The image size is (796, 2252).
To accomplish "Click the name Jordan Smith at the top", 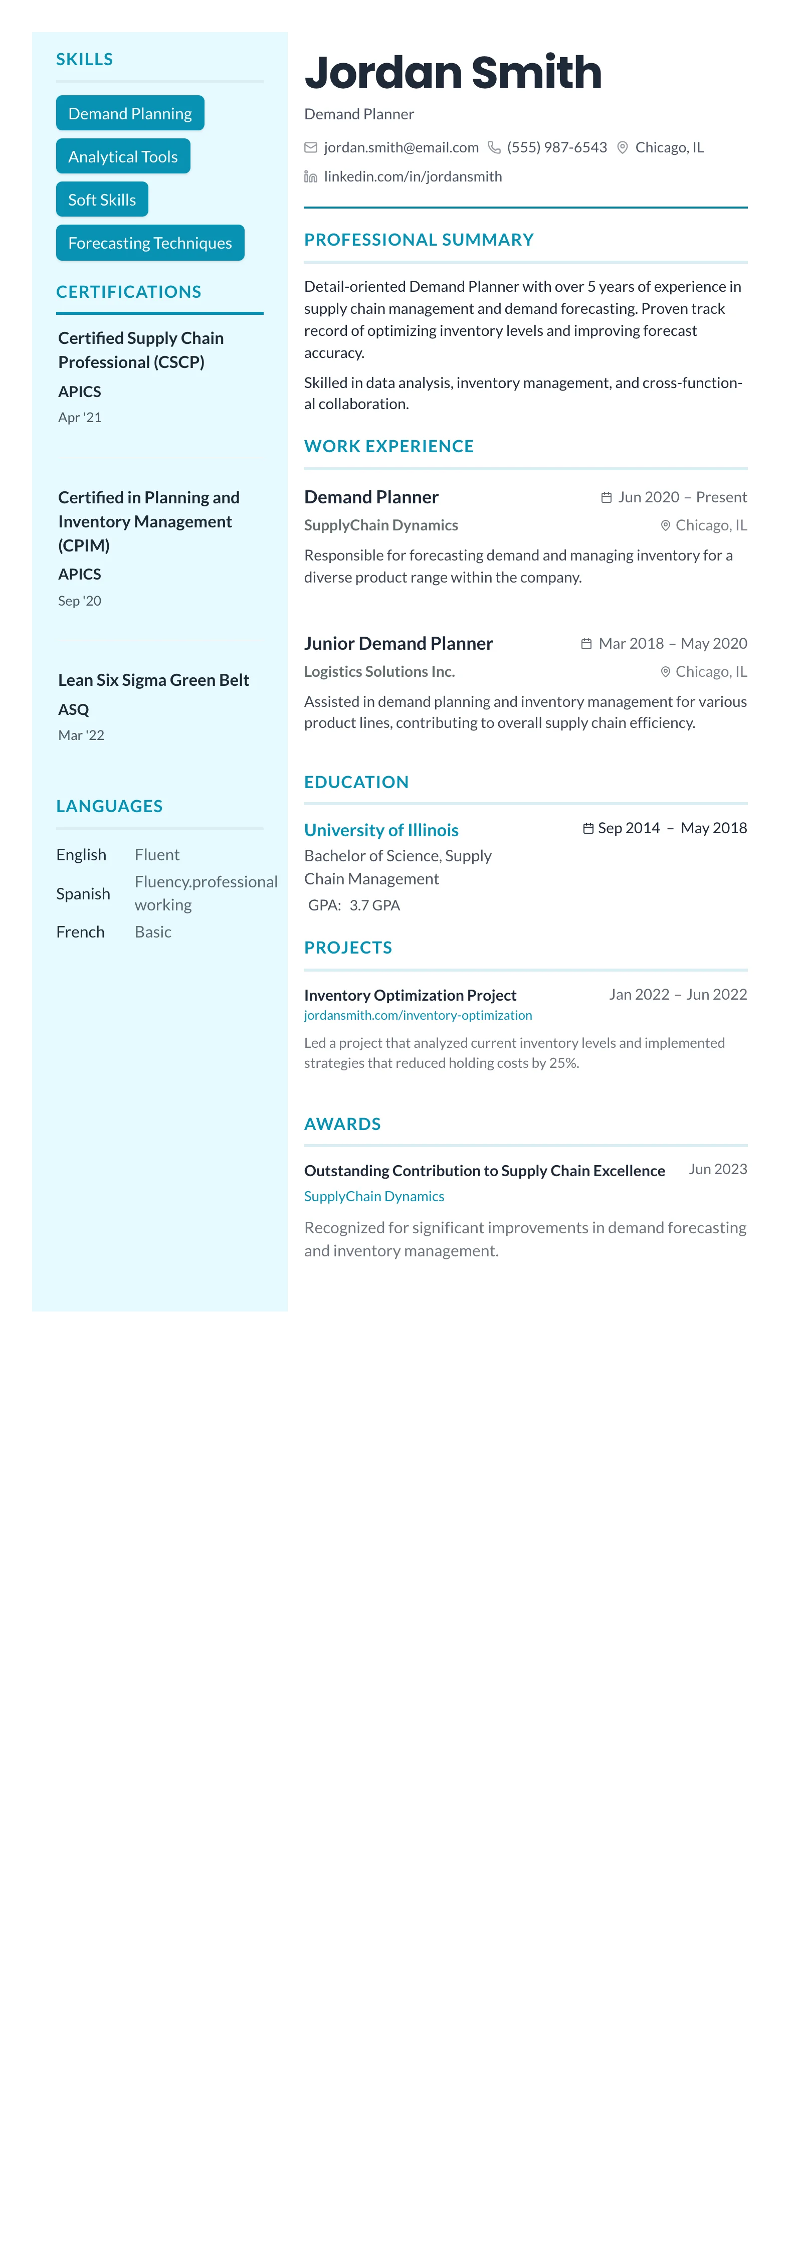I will coord(453,73).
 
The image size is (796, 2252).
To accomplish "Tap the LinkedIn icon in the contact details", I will coord(310,176).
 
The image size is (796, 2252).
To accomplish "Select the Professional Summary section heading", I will coord(419,240).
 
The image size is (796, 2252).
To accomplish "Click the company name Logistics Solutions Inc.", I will coord(379,671).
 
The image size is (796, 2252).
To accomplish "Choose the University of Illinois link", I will coord(381,830).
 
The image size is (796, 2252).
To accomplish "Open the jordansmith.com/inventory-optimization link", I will coord(418,1016).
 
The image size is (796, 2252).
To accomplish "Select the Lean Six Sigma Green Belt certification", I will coord(153,680).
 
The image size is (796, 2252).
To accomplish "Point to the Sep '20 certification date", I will coord(80,601).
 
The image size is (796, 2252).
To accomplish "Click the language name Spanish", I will coord(83,893).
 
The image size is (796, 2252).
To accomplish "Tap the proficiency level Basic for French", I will coord(153,932).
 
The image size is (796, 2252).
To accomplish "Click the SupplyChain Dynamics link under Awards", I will coord(374,1196).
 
